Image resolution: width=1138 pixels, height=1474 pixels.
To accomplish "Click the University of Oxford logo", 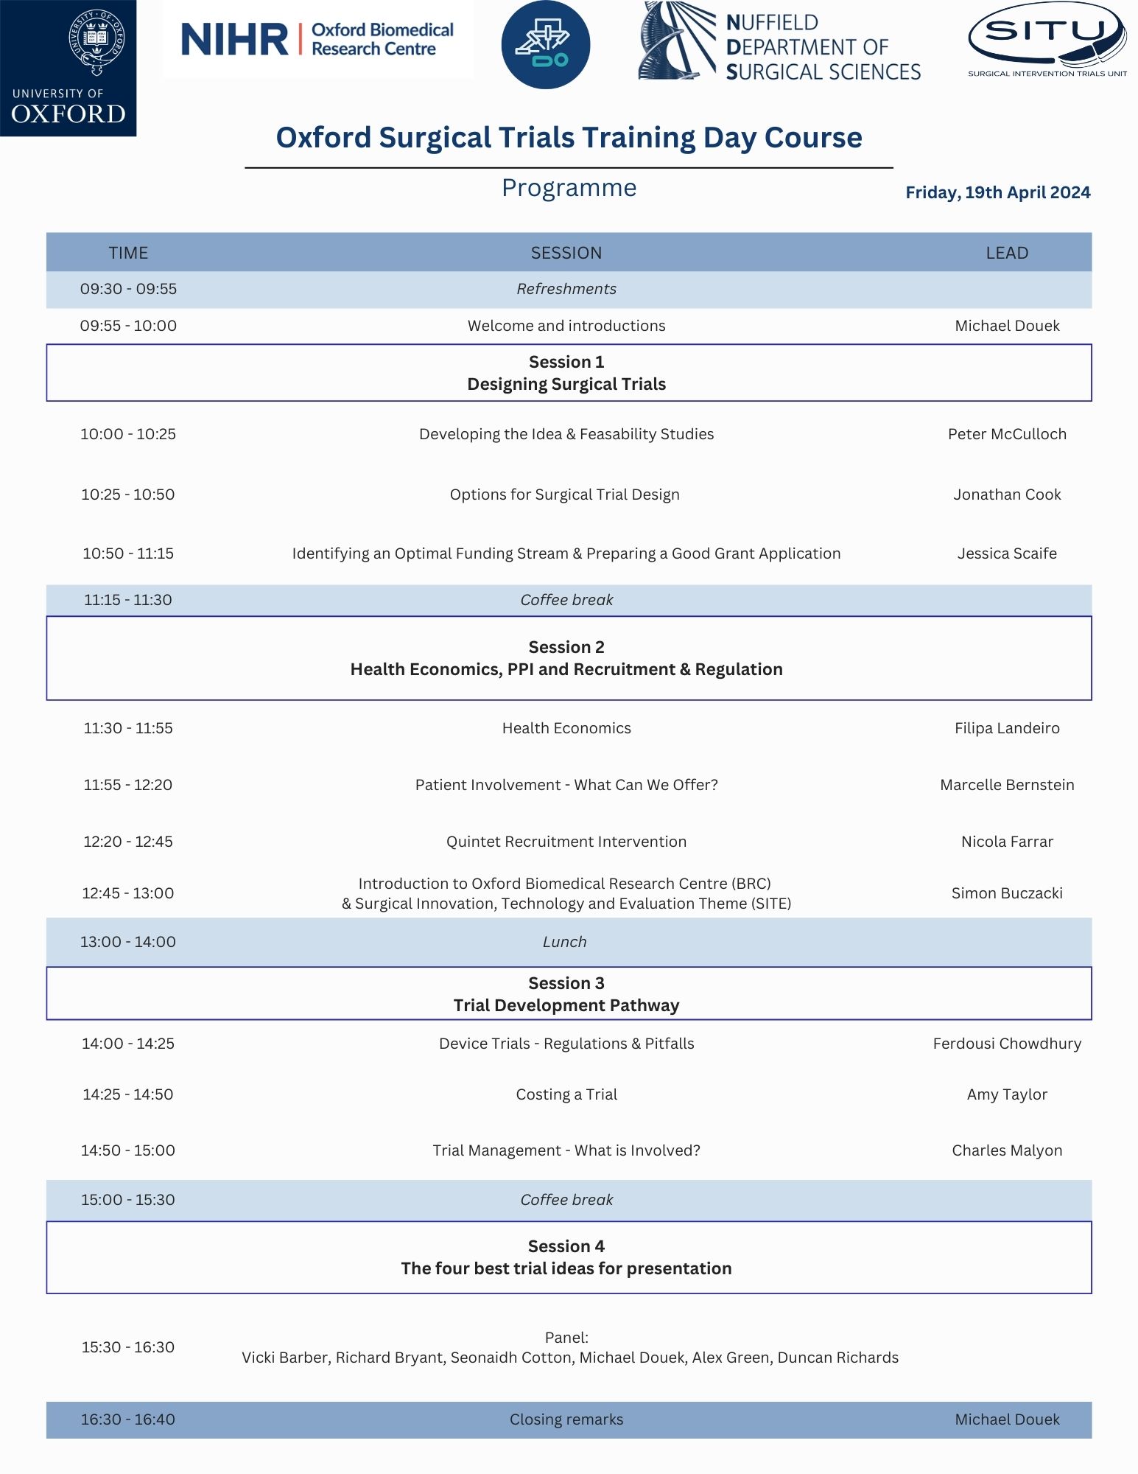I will (x=68, y=68).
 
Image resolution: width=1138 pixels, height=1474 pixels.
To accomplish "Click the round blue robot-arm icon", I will (x=545, y=44).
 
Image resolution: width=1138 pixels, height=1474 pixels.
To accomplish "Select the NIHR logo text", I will (x=234, y=40).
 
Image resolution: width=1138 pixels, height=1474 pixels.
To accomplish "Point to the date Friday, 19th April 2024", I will (x=997, y=192).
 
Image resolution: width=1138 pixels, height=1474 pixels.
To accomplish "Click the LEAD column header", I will (x=1006, y=253).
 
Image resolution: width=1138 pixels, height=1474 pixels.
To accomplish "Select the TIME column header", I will (x=128, y=253).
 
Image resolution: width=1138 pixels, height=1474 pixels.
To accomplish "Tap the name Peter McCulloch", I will (x=1006, y=434).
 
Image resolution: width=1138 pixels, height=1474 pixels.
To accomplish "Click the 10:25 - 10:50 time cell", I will (x=128, y=495).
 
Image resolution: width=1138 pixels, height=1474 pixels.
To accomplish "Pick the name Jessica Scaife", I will (x=1006, y=553).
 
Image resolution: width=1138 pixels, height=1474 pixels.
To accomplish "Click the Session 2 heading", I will (x=566, y=647).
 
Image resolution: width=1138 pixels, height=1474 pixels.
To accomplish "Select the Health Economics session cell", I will (x=566, y=728).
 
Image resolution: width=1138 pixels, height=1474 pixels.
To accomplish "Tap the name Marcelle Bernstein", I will (x=1006, y=785).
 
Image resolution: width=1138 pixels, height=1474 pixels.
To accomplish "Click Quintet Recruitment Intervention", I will (x=566, y=842).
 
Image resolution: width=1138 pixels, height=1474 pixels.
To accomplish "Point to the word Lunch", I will (x=564, y=942).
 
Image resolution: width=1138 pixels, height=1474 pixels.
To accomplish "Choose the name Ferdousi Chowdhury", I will (x=1006, y=1044).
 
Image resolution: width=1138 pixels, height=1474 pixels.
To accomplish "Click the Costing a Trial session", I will (x=566, y=1094).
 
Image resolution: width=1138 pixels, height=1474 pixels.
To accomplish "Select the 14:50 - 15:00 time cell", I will (x=128, y=1150).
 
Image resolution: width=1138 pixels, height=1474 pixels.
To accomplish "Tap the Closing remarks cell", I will (x=566, y=1419).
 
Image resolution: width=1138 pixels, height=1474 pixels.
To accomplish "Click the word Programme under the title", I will (x=569, y=188).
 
